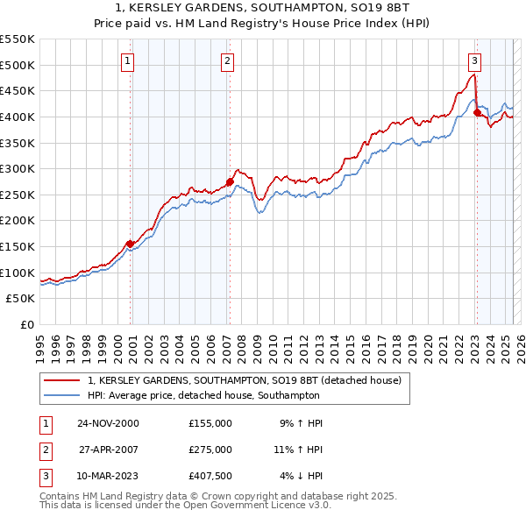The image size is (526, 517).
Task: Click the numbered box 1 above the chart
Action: click(128, 61)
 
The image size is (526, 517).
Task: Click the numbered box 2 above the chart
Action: click(227, 61)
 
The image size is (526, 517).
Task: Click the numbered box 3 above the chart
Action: click(474, 61)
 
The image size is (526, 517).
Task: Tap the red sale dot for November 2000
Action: click(131, 244)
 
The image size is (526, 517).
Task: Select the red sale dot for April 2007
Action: click(230, 181)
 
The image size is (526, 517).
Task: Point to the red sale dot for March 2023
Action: click(476, 112)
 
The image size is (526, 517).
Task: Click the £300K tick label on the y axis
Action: click(18, 168)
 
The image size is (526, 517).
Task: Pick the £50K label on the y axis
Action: click(21, 299)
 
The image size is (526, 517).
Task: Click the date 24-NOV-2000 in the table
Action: click(108, 423)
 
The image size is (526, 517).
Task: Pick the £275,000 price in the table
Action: click(210, 450)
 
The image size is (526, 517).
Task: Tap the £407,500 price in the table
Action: click(210, 477)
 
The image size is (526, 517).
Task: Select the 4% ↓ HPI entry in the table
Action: click(302, 477)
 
